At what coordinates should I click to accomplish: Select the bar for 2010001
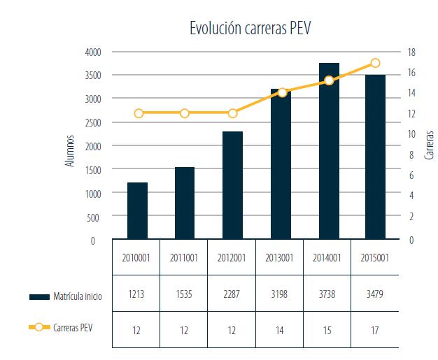[x=137, y=211]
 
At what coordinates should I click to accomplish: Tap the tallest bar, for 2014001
[x=329, y=152]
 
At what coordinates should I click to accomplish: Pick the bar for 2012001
[x=233, y=186]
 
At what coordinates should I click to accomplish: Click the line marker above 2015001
[x=376, y=63]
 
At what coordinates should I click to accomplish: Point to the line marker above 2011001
[x=185, y=113]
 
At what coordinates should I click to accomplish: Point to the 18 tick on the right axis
[x=411, y=52]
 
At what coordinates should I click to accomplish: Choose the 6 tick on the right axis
[x=411, y=175]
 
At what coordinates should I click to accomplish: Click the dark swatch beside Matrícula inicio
[x=38, y=296]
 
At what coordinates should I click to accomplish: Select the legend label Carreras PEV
[x=77, y=326]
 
